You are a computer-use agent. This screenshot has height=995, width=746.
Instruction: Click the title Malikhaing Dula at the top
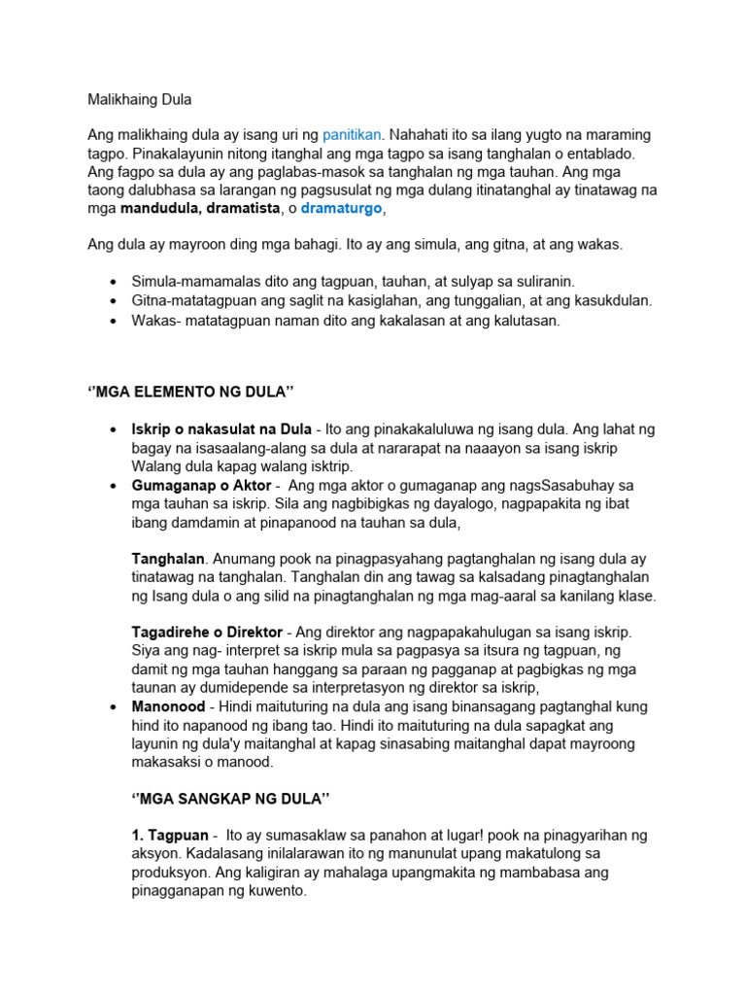point(139,99)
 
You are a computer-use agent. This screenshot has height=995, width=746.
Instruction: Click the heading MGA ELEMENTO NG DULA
point(190,392)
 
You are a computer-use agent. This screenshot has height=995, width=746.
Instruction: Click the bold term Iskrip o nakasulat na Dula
point(221,429)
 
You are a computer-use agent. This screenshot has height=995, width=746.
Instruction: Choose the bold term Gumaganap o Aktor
point(201,485)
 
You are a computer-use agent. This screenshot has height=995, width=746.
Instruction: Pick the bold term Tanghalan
point(168,559)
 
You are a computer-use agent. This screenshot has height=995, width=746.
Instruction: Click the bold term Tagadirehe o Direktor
point(207,632)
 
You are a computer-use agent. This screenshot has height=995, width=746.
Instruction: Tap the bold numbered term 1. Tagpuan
point(170,836)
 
